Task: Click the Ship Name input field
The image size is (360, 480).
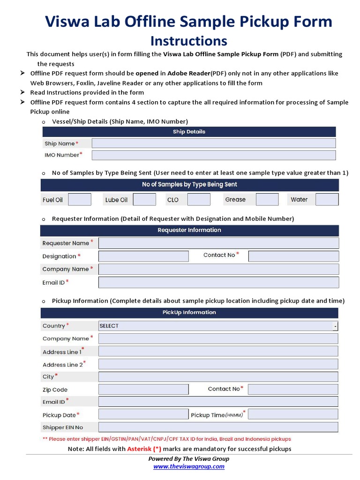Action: (214, 143)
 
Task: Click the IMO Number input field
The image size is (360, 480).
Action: (214, 155)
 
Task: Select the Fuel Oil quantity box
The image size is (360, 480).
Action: (80, 200)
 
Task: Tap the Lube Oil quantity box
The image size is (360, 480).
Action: (144, 200)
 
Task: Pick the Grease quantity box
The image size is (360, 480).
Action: (267, 200)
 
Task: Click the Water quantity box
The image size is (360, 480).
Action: (327, 200)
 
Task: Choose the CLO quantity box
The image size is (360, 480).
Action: (199, 200)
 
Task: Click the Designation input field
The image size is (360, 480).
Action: (143, 256)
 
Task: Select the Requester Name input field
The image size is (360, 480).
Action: (218, 243)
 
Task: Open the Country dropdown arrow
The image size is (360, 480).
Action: (335, 326)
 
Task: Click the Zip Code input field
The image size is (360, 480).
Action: (143, 390)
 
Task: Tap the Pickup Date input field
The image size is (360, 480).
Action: (143, 414)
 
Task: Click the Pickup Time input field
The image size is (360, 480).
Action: (293, 414)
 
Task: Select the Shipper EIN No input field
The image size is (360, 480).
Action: (218, 427)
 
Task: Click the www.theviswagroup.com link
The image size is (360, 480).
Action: (189, 466)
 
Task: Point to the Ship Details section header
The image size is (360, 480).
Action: (189, 132)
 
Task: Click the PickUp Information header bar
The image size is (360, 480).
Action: (189, 313)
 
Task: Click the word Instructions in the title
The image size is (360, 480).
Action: (189, 41)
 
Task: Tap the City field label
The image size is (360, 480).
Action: (48, 377)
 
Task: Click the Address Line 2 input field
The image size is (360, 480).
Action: (218, 364)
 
